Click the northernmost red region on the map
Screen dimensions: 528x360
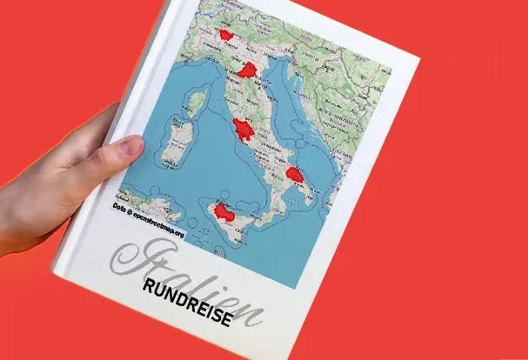tap(227, 36)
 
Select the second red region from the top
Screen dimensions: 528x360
tap(249, 71)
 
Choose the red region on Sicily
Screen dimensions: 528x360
tap(224, 213)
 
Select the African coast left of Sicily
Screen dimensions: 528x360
tap(144, 209)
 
